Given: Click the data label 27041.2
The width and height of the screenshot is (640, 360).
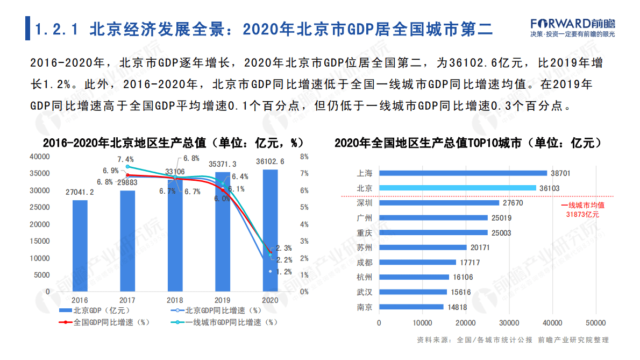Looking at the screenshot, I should (x=80, y=192).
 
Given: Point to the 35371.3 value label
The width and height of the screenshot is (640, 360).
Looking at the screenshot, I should (x=223, y=164).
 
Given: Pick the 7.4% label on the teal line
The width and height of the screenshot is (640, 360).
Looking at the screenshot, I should (x=125, y=159).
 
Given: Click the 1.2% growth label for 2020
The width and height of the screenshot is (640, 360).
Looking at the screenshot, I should (x=283, y=272).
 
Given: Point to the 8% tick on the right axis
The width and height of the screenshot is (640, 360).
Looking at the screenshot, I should (x=304, y=157).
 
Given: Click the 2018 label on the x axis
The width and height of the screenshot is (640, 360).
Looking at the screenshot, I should (x=175, y=300).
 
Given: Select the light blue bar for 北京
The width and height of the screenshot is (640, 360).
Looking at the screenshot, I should (x=457, y=188).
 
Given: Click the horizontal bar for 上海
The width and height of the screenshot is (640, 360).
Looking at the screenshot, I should (x=463, y=173).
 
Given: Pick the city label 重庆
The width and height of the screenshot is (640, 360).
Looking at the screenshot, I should (x=364, y=233).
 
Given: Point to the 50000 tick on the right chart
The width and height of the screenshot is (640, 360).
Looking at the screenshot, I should (x=595, y=323).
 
